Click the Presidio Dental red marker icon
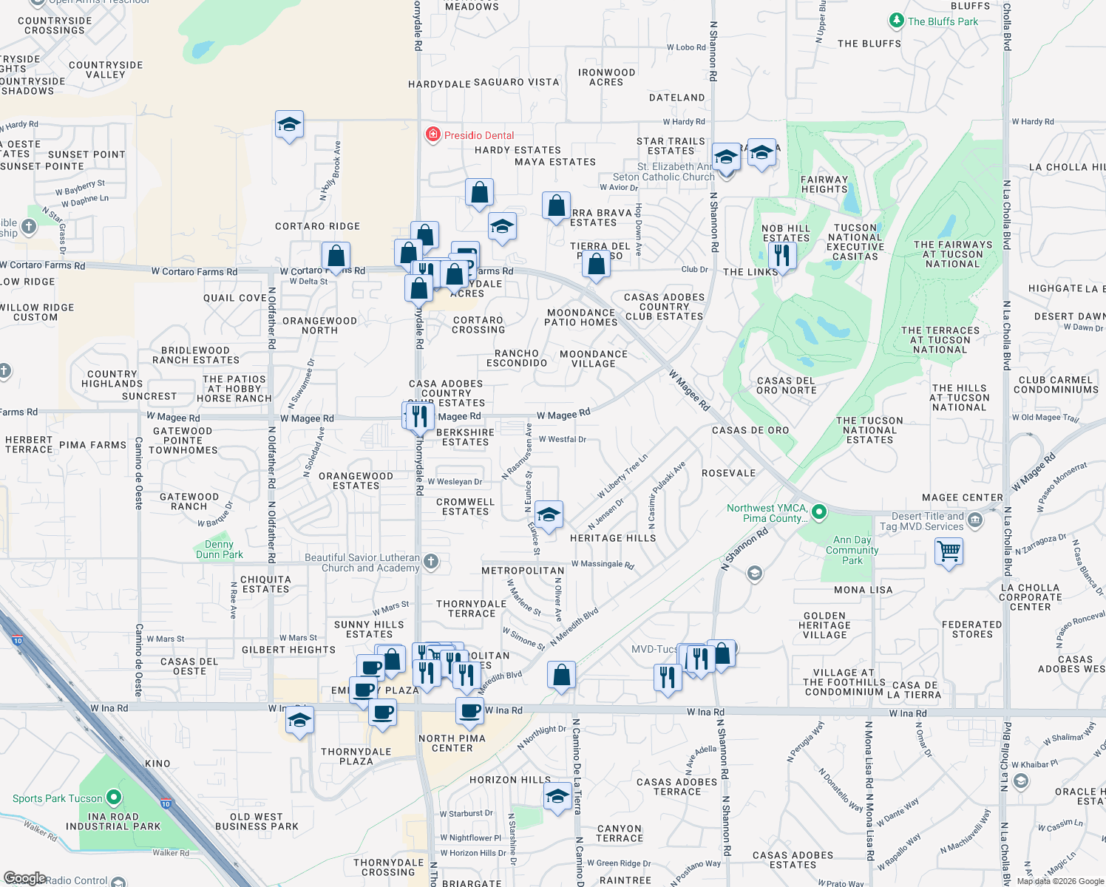(432, 135)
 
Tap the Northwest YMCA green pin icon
(818, 512)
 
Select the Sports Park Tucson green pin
(114, 798)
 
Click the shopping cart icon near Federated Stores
(949, 551)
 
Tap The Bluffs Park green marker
(896, 21)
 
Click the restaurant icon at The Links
(781, 256)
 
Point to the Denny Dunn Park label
(219, 549)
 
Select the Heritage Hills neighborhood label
(613, 538)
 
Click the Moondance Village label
(594, 358)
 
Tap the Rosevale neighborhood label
(728, 473)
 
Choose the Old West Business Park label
(257, 821)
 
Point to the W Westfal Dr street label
(562, 439)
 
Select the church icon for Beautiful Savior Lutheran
(431, 562)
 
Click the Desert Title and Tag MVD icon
(975, 520)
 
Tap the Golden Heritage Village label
(824, 625)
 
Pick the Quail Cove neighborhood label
(235, 298)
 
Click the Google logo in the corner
(24, 878)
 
